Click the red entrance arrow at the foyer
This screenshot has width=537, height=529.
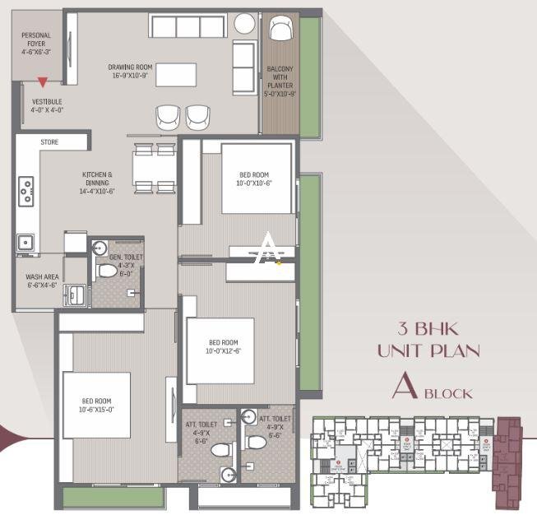[x=41, y=81]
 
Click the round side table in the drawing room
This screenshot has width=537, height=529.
[x=244, y=23]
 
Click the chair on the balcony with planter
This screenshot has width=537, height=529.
[x=280, y=30]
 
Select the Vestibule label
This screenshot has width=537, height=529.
[x=47, y=104]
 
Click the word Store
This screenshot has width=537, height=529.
[x=50, y=142]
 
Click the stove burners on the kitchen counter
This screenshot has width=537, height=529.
[x=26, y=192]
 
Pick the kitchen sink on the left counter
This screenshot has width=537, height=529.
[x=26, y=242]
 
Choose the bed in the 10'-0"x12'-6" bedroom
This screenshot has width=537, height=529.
[x=220, y=349]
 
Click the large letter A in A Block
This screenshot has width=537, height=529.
[x=405, y=387]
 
